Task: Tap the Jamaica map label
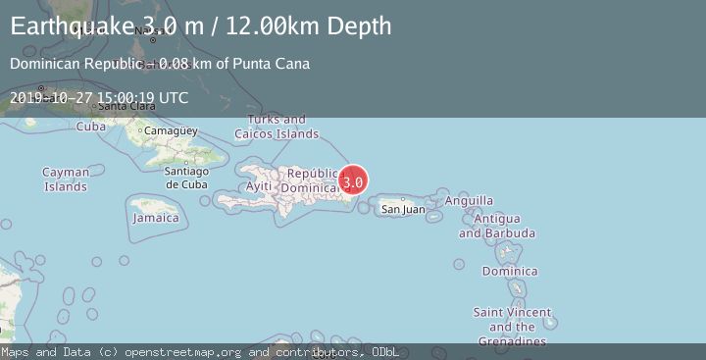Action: tap(156, 218)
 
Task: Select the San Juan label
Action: tap(403, 209)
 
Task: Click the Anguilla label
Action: tap(469, 201)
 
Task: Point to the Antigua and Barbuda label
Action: tap(497, 226)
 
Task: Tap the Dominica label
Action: tap(510, 271)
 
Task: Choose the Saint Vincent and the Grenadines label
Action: tap(510, 327)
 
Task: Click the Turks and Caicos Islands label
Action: tap(277, 127)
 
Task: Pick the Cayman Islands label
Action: tap(66, 180)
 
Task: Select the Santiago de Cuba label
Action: tap(187, 177)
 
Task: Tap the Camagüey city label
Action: tap(171, 130)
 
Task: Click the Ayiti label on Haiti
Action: tap(259, 185)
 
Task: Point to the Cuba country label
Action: tap(91, 127)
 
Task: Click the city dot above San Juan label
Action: tap(403, 198)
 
